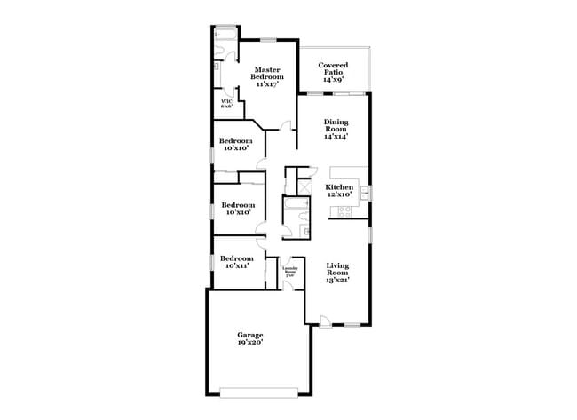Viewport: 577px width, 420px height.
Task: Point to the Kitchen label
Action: (x=339, y=187)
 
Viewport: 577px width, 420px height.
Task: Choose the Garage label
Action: (x=249, y=335)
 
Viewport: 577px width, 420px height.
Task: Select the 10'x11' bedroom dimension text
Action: (x=237, y=265)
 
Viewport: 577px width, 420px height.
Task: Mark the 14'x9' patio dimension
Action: (x=333, y=80)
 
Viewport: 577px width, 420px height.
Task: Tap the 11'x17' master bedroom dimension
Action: (x=267, y=83)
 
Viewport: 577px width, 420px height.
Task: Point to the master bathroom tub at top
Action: (x=225, y=35)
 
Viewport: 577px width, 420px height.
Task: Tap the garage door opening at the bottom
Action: (x=260, y=390)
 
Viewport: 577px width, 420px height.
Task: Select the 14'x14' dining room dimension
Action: (x=335, y=136)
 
